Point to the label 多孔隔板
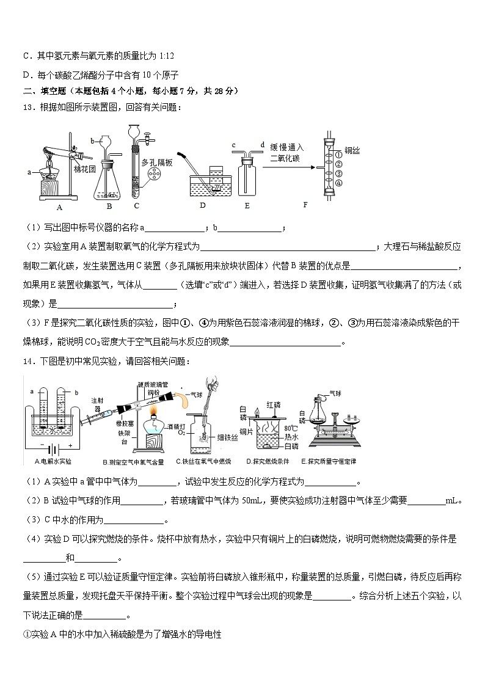tap(158, 163)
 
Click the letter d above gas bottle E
tap(262, 145)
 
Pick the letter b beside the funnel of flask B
tap(92, 140)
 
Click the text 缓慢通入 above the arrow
tap(287, 147)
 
